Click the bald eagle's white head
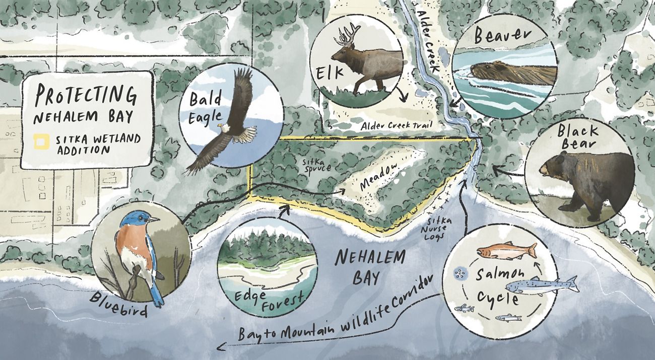tap(225, 128)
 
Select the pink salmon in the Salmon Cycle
tap(506, 251)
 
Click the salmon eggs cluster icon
tap(459, 273)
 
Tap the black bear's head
tap(554, 168)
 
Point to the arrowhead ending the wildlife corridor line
tap(220, 346)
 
